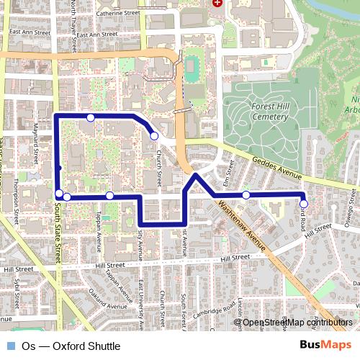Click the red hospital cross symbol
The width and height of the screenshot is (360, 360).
coord(217,3)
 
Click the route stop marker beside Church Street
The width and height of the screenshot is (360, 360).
coord(153,135)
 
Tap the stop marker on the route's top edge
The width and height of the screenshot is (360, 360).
coord(90,117)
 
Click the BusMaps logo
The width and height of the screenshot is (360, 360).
coord(320,346)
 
